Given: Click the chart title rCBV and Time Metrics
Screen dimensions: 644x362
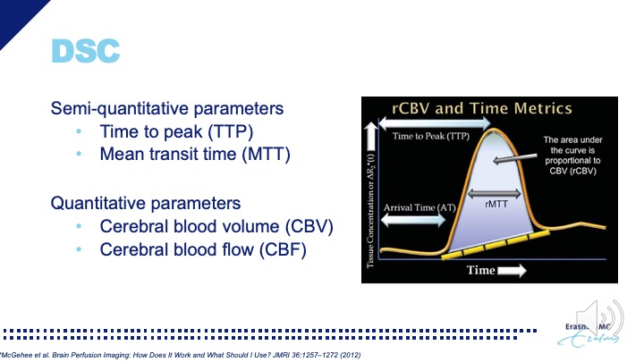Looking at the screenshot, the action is [x=482, y=109].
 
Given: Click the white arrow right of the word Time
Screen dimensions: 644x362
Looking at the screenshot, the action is [x=513, y=269].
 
